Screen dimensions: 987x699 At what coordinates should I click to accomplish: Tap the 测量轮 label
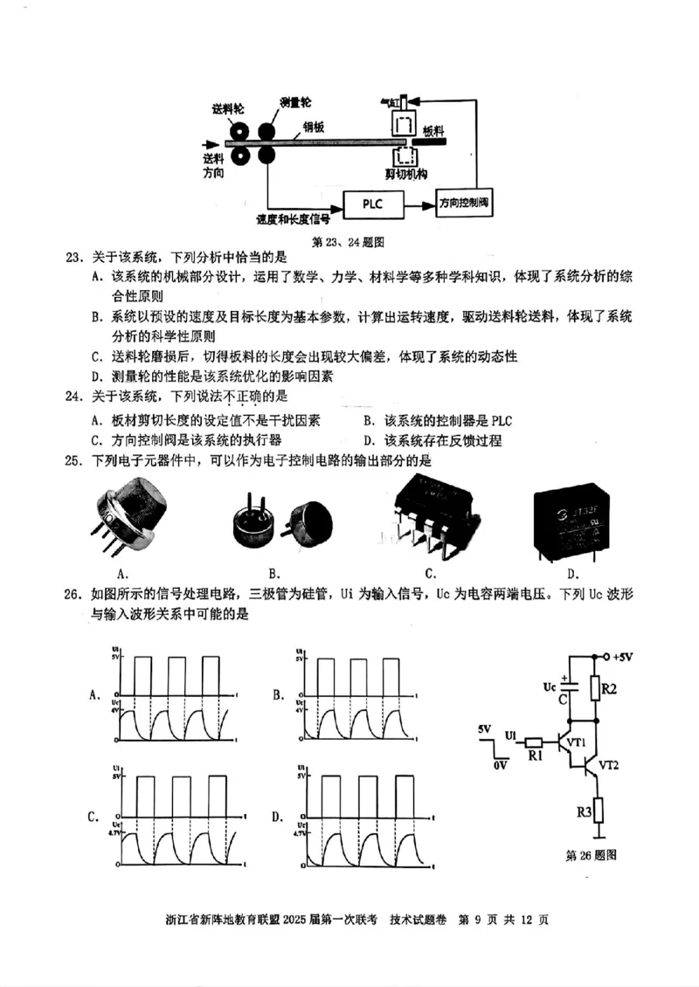tap(297, 103)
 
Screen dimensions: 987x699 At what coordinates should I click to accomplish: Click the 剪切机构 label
tap(405, 175)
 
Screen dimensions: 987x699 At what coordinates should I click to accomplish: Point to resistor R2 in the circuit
tap(597, 689)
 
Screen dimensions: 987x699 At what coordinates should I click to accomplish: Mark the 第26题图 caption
tap(592, 855)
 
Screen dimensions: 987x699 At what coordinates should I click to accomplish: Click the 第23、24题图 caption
tap(349, 239)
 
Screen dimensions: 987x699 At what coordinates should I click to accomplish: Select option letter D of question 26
tap(276, 818)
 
